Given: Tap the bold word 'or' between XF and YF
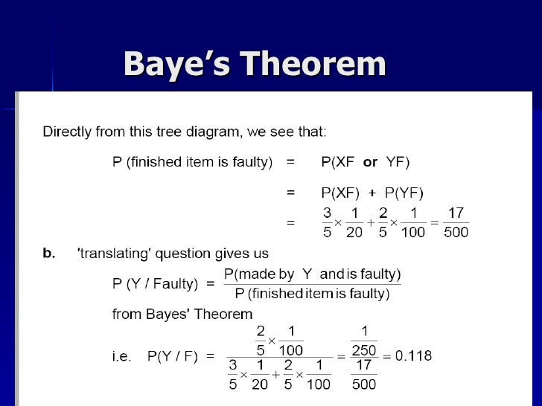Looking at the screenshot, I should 370,161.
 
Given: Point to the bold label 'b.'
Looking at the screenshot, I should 48,254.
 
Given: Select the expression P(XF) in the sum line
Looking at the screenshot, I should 340,193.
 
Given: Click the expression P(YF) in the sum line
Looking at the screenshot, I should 402,193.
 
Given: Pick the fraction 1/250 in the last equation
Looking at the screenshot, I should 364,341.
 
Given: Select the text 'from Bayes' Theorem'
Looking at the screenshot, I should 182,314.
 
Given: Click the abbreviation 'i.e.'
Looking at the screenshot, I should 121,356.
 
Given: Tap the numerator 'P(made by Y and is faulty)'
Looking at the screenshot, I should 313,274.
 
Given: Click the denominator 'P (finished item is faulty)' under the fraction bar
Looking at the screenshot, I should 313,294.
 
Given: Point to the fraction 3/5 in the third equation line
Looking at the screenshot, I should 328,222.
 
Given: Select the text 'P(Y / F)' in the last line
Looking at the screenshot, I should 172,356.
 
